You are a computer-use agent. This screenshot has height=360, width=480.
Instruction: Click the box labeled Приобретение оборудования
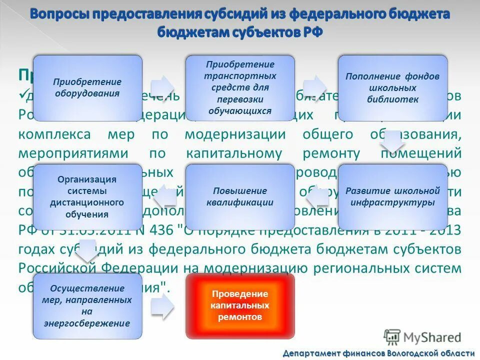pos(87,87)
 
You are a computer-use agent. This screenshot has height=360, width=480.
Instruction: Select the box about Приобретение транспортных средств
pos(240,87)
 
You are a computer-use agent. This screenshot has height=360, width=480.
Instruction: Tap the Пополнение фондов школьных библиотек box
pos(392,87)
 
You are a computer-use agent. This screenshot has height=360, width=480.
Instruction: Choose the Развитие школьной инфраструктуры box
pos(392,196)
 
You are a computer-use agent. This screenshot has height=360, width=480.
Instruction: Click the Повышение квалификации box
pos(240,196)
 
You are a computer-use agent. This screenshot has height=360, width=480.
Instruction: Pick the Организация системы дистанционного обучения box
pos(87,196)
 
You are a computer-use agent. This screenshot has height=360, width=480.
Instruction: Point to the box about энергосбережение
pos(87,305)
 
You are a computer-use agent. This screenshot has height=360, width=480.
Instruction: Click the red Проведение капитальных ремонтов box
pos(240,305)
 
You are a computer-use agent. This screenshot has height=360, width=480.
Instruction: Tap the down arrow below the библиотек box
pos(392,142)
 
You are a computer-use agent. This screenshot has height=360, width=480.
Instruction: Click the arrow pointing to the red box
pos(163,305)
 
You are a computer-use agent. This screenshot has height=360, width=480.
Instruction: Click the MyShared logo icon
pos(392,336)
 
